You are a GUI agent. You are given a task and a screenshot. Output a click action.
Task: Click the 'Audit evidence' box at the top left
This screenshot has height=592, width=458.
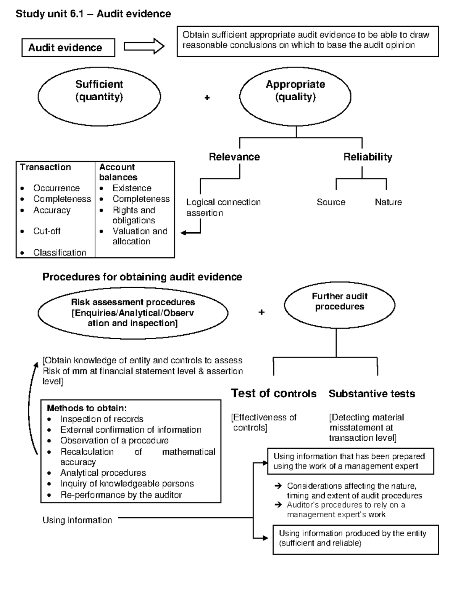tap(68, 48)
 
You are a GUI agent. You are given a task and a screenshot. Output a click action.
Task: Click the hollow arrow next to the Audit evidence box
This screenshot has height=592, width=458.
tap(144, 47)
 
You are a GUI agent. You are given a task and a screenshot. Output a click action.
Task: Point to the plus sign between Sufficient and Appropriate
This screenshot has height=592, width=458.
tap(207, 98)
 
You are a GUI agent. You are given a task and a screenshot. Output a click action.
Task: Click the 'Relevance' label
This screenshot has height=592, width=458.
tap(234, 157)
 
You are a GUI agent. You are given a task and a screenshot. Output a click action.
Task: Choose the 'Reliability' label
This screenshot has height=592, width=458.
tap(368, 157)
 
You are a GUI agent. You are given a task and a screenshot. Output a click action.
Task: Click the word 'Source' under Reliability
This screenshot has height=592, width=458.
tap(331, 202)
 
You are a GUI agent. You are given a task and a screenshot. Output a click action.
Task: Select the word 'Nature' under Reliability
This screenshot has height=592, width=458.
tap(388, 202)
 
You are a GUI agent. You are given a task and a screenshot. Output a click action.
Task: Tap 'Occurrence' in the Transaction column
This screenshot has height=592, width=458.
tap(56, 188)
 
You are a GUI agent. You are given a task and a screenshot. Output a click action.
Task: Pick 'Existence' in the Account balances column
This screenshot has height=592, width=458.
tap(132, 188)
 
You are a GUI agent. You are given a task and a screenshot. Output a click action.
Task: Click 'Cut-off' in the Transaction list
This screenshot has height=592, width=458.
tap(47, 231)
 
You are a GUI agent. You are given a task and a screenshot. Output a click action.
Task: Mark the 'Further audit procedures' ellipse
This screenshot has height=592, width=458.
tap(339, 305)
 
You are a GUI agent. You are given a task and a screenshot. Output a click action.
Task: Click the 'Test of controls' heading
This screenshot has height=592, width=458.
tap(274, 393)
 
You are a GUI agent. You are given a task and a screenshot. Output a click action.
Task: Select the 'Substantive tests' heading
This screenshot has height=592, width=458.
tap(372, 393)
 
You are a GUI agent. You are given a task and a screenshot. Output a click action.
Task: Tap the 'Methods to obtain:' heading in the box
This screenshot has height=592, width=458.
tap(87, 408)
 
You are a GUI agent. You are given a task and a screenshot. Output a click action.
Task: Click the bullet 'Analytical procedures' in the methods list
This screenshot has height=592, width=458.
tap(103, 473)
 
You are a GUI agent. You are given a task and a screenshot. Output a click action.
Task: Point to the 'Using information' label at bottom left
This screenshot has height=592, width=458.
tap(77, 520)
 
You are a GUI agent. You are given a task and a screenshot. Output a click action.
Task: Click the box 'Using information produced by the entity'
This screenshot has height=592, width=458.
tap(356, 539)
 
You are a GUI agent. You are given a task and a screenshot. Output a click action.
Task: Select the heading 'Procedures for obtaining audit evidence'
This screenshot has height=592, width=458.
tap(142, 277)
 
